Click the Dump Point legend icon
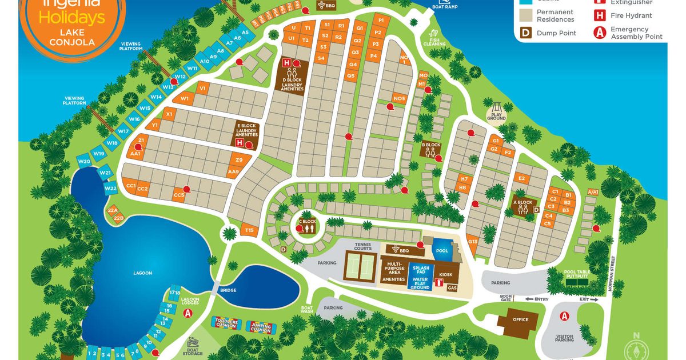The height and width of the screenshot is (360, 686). (x=525, y=33)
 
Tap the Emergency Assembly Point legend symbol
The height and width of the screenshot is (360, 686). (x=599, y=33)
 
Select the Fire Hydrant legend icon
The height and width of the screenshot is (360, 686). (x=599, y=15)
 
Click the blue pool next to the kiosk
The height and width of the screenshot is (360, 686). (x=441, y=250)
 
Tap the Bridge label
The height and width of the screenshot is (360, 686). (x=228, y=290)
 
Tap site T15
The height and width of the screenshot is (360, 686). (x=249, y=230)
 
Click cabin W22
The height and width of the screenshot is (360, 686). (x=111, y=188)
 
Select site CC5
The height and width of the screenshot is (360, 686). (x=179, y=195)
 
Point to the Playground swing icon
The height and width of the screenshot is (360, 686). (x=496, y=107)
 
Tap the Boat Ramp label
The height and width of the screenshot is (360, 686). (x=444, y=7)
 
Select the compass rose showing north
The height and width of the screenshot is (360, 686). (x=637, y=348)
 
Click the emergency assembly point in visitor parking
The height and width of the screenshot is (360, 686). (x=565, y=316)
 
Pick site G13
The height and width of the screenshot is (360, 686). (x=472, y=242)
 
